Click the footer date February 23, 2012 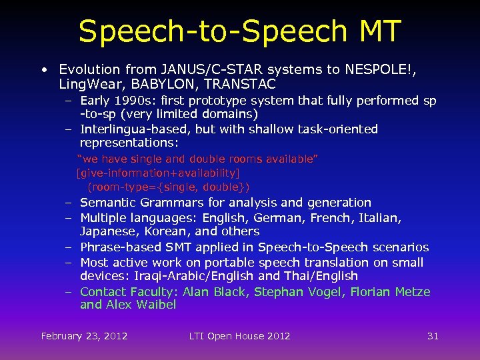click(84, 336)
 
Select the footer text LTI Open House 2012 click(239, 336)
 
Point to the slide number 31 click(433, 336)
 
